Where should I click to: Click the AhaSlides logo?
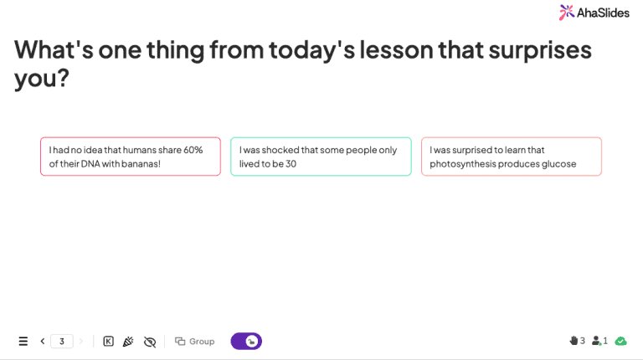(594, 12)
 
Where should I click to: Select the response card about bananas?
(130, 157)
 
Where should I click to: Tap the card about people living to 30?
(321, 157)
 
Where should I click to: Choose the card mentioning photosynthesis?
(511, 157)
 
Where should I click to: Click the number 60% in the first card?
(193, 150)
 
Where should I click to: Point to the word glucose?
(558, 163)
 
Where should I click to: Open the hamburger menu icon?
(23, 342)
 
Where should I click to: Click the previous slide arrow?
(43, 342)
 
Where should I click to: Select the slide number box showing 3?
(61, 342)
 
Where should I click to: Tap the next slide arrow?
(81, 342)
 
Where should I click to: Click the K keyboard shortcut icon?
(108, 342)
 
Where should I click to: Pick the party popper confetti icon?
(128, 342)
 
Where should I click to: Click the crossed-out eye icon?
(150, 342)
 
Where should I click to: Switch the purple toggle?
(246, 342)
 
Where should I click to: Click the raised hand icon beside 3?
(574, 341)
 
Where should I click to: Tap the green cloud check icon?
(620, 341)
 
